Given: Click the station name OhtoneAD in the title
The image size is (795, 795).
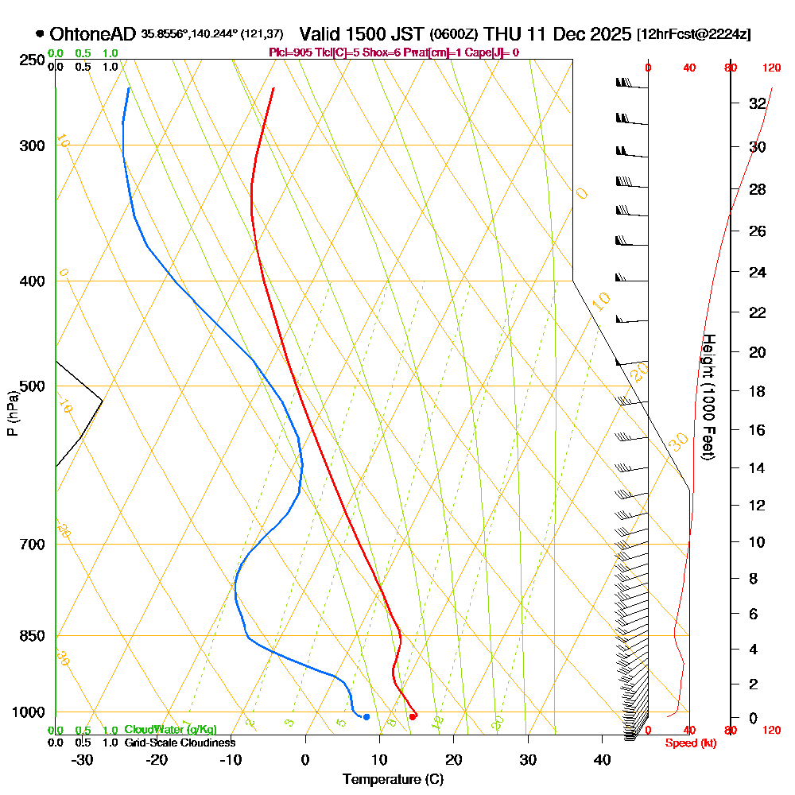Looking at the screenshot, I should (93, 34).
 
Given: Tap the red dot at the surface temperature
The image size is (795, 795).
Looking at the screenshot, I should (412, 716).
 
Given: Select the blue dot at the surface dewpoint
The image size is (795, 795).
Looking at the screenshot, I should (366, 717).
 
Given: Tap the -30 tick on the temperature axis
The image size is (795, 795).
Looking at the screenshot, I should (82, 759).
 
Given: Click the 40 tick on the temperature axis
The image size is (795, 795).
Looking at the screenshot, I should (603, 759).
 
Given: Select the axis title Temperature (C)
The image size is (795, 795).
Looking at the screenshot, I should (393, 779).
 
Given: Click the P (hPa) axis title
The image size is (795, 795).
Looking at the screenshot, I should (12, 413).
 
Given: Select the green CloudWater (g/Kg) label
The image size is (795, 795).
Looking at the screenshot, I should (170, 730).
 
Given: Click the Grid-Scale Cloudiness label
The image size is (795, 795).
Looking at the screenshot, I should (179, 743).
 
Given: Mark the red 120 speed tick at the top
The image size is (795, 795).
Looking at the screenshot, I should (770, 68).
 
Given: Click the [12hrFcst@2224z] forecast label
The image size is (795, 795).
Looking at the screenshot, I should (693, 35).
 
